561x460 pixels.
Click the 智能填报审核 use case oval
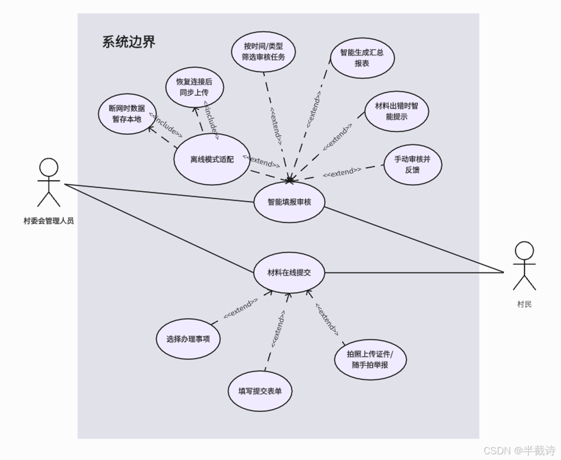point(289,202)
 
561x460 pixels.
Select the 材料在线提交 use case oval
point(289,273)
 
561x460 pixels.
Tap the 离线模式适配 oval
point(212,160)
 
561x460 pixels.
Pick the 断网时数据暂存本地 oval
point(127,114)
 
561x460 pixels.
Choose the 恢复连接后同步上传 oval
point(194,87)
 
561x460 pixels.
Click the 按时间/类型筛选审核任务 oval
point(263,52)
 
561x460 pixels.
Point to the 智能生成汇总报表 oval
point(362,58)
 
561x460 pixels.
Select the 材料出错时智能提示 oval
point(396,111)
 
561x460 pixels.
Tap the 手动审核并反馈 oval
point(413,165)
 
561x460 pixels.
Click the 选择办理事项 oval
point(188,339)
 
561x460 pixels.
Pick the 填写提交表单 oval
point(260,391)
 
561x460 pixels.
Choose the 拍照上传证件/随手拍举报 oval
point(370,359)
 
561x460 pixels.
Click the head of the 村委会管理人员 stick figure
point(49,168)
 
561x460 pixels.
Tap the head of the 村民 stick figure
point(524,251)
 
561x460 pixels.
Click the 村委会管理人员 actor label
point(49,221)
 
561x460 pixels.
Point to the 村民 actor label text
point(524,304)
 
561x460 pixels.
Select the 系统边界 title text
point(129,42)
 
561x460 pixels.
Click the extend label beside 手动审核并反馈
point(342,172)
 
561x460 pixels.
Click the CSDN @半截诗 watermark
point(519,450)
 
